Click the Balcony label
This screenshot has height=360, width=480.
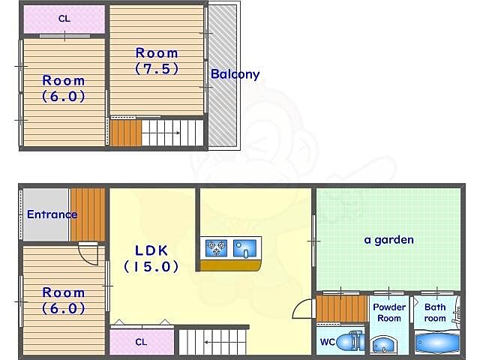235,74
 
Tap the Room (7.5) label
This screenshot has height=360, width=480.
157,61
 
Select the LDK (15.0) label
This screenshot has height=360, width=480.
151,259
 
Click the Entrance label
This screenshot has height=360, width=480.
52,214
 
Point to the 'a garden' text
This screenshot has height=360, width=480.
388,240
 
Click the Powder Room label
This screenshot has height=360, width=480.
389,313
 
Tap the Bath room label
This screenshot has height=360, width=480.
435,313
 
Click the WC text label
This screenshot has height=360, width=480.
327,342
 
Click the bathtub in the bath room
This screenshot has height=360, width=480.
436,343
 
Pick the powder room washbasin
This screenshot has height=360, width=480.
382,345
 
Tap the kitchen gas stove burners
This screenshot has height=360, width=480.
217,247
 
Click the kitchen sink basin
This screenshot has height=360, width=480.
244,248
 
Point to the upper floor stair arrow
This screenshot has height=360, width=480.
161,133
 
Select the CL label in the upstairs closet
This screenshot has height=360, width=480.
64,19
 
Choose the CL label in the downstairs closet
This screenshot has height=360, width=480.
141,342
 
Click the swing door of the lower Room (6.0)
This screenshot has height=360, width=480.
88,253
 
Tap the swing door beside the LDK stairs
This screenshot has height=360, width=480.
304,309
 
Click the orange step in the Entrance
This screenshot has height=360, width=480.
88,214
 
